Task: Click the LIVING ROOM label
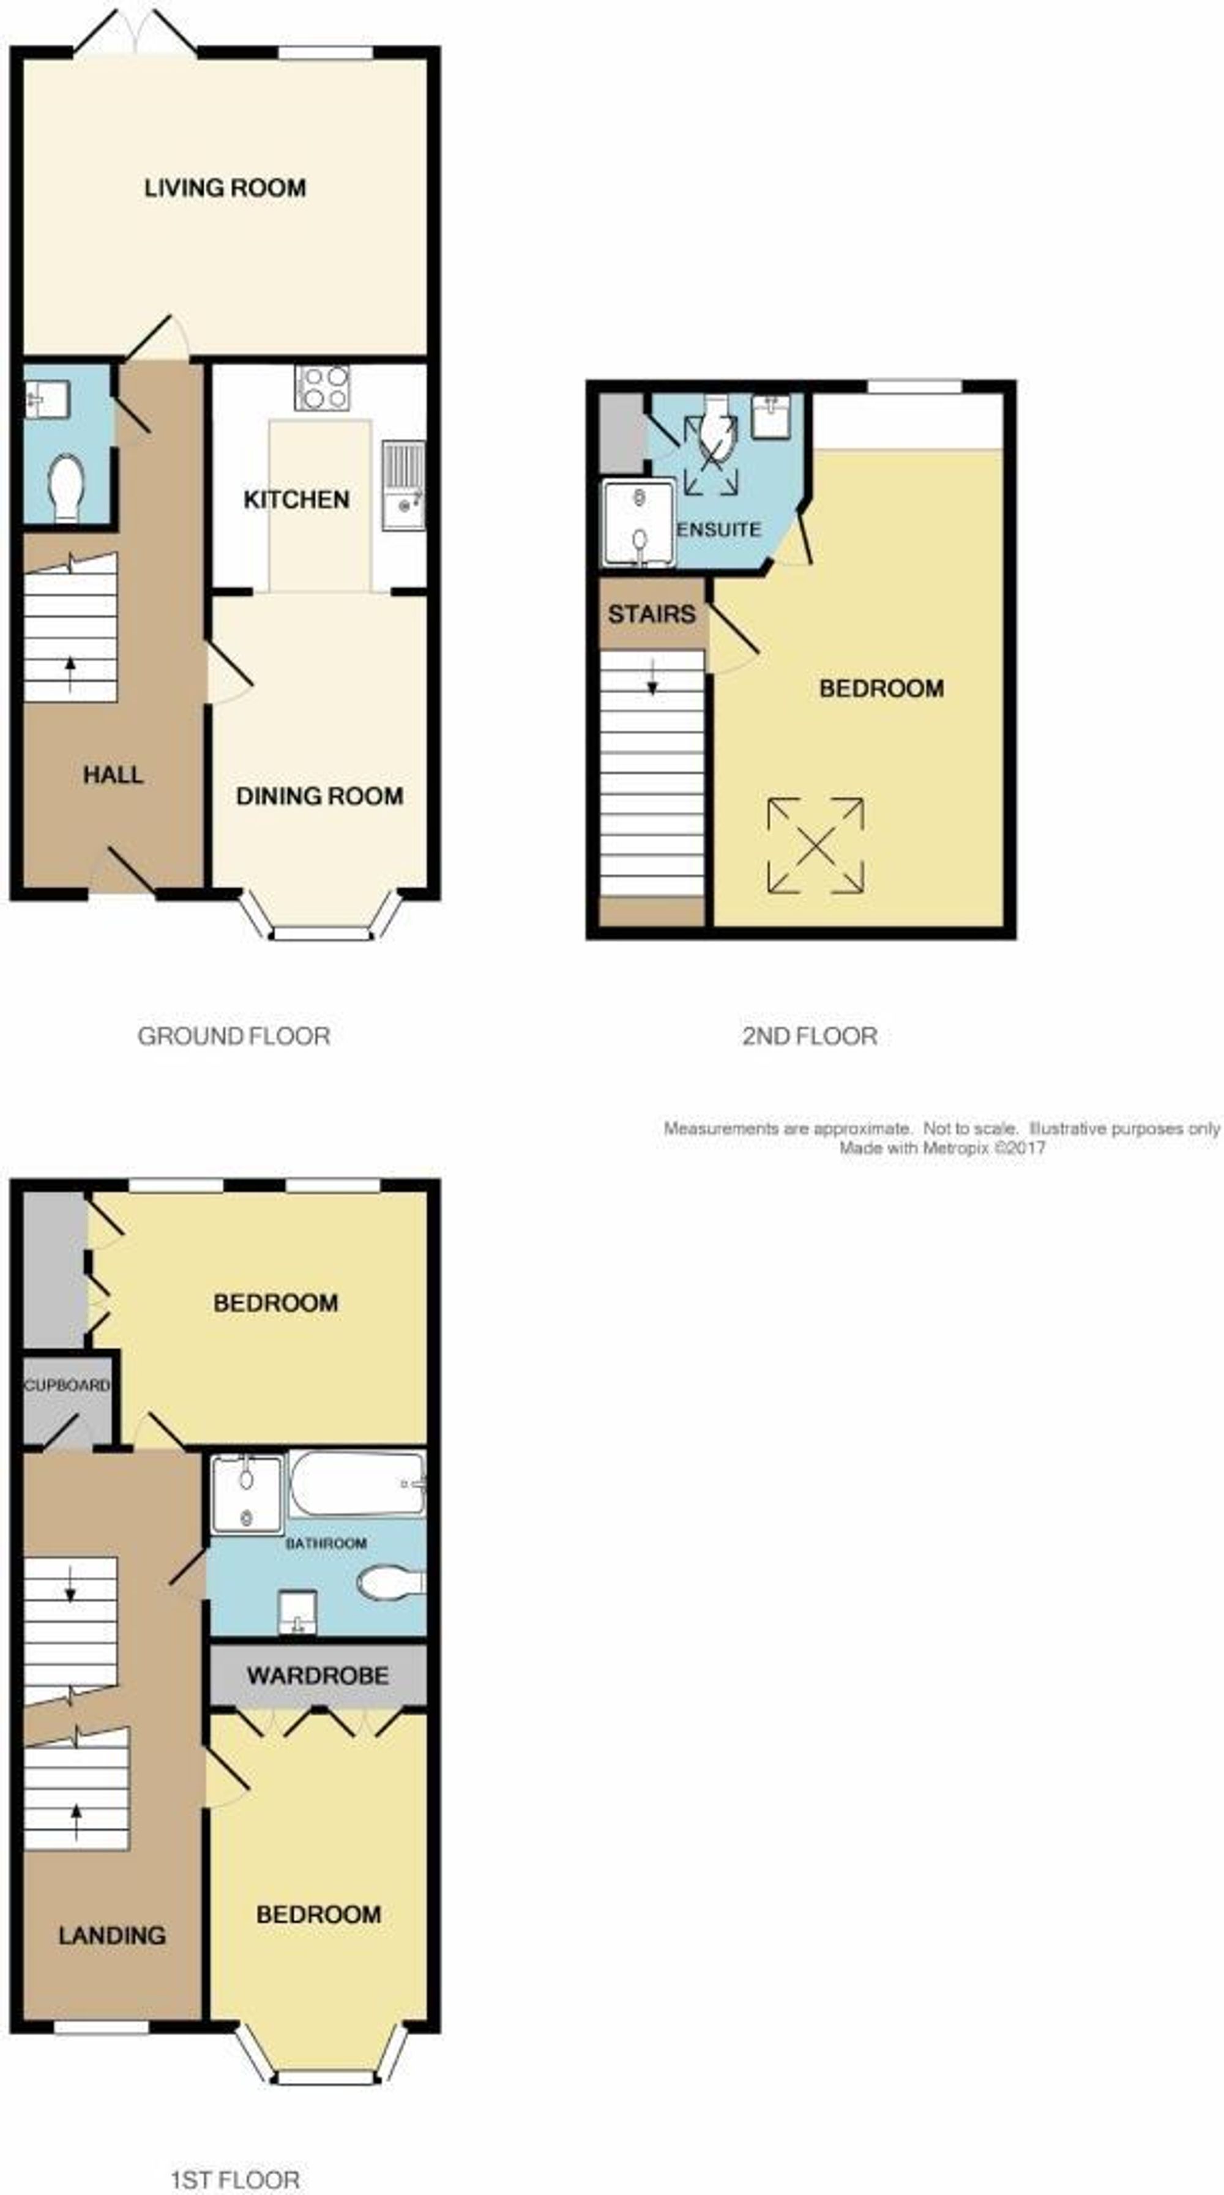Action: pyautogui.click(x=225, y=187)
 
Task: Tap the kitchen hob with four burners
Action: pyautogui.click(x=322, y=388)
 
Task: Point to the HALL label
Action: pyautogui.click(x=113, y=775)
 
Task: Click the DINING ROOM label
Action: pyautogui.click(x=319, y=796)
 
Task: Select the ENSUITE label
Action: pyautogui.click(x=718, y=529)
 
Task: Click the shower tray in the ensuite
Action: pyautogui.click(x=638, y=523)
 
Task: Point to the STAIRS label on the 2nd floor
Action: pyautogui.click(x=651, y=614)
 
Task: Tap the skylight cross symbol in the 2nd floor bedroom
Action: pyautogui.click(x=816, y=845)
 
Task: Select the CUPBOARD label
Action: pyautogui.click(x=67, y=1385)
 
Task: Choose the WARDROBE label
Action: pyautogui.click(x=318, y=1676)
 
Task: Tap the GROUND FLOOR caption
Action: pyautogui.click(x=234, y=1036)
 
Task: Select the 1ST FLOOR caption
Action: pyautogui.click(x=235, y=2174)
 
